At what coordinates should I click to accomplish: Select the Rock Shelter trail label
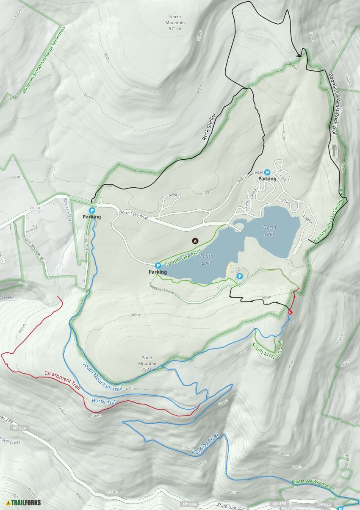coord(209,127)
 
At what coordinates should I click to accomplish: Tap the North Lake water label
coord(269,231)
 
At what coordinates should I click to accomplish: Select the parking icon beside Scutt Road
coord(91,210)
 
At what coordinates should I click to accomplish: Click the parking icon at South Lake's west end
coord(158,265)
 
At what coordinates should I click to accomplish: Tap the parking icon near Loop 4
coord(267,172)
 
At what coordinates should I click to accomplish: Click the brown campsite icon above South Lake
coord(195,241)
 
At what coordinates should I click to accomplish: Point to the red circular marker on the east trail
coord(290,313)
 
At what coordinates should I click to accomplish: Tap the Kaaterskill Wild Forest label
coord(313,485)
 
